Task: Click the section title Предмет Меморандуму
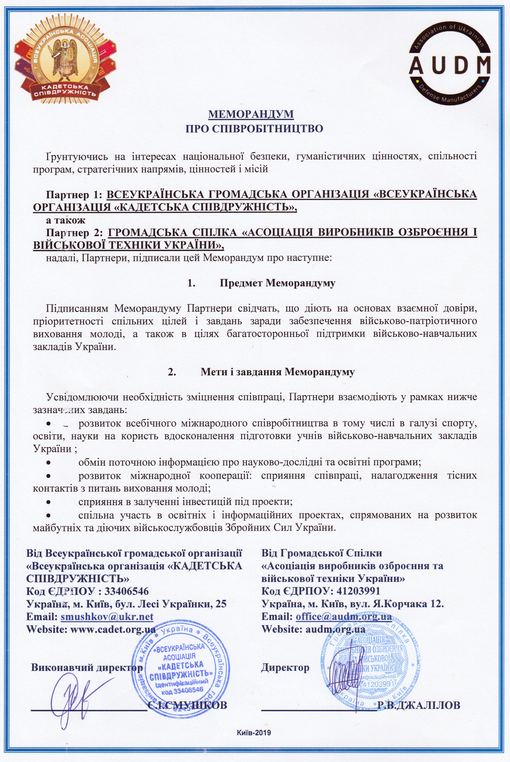[x=277, y=283]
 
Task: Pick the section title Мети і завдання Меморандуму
[x=277, y=371]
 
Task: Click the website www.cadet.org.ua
[x=113, y=629]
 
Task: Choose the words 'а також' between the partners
[x=65, y=220]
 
